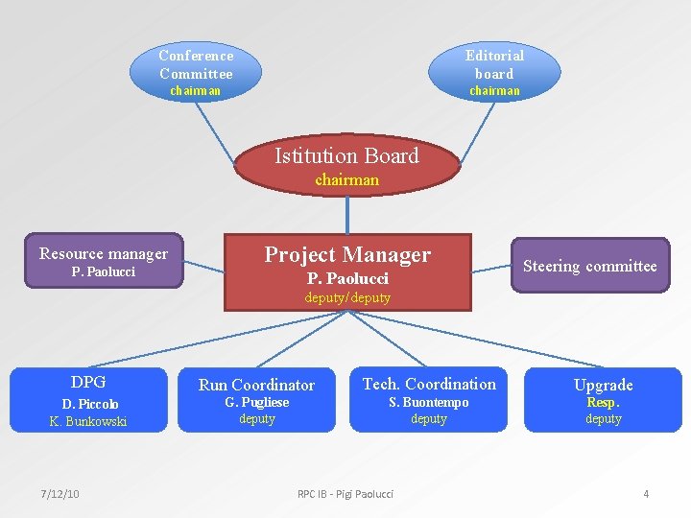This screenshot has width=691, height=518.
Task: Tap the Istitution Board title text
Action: click(x=346, y=155)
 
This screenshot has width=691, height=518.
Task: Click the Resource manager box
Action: click(x=104, y=262)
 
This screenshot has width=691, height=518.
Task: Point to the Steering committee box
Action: click(x=589, y=266)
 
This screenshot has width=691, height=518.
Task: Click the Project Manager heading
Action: click(x=347, y=254)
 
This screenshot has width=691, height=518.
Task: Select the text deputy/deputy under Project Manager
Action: click(x=347, y=297)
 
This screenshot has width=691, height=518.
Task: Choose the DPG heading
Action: click(x=88, y=382)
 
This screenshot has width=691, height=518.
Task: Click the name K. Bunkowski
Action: click(x=88, y=421)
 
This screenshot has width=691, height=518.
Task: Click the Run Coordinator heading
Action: click(x=256, y=385)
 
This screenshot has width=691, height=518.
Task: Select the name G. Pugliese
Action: click(x=256, y=402)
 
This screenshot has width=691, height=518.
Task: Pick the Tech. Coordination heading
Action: click(x=429, y=384)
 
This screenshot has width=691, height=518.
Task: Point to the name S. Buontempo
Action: click(x=429, y=402)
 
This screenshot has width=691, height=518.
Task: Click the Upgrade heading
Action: click(x=603, y=385)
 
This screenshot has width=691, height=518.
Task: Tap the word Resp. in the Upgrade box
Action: click(x=603, y=403)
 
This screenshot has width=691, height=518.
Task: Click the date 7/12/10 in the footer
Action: click(x=60, y=493)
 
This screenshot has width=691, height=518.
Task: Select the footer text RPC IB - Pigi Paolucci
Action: click(x=345, y=493)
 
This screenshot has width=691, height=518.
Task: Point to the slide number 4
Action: click(x=646, y=493)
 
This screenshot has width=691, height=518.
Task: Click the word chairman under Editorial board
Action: click(x=494, y=91)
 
